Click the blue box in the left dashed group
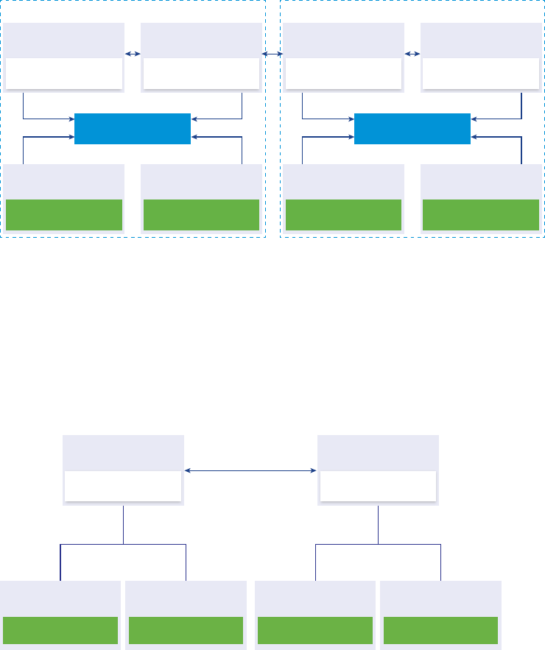point(133,128)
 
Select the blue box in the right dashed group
point(412,128)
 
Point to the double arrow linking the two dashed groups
point(272,54)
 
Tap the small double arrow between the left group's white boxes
point(133,54)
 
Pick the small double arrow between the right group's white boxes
point(412,54)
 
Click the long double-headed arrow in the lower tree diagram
point(250,470)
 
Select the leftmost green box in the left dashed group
point(64,215)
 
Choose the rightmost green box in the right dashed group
point(481,215)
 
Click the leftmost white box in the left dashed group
point(64,74)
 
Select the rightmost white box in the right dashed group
point(481,74)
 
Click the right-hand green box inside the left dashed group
point(201,215)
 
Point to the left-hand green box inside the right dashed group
point(343,215)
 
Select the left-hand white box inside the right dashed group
point(343,74)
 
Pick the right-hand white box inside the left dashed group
point(201,74)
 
